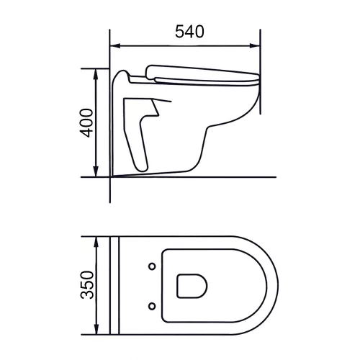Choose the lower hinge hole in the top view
pyautogui.click(x=152, y=306)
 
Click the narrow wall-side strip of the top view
pyautogui.click(x=113, y=286)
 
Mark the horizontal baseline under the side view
pyautogui.click(x=216, y=176)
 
